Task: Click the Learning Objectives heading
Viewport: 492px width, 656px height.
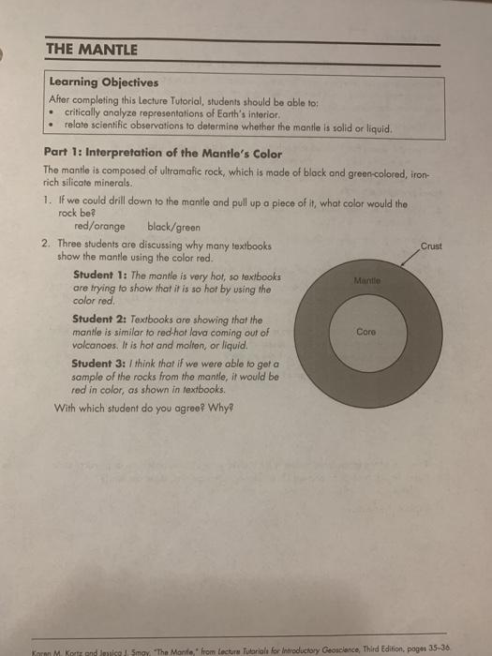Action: [103, 82]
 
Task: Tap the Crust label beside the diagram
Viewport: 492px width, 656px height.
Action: [431, 246]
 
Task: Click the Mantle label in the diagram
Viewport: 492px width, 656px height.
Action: [367, 278]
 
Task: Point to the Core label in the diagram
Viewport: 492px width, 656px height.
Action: [366, 331]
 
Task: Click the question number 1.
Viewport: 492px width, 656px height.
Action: [48, 202]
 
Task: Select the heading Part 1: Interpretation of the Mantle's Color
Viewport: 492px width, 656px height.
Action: [150, 153]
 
